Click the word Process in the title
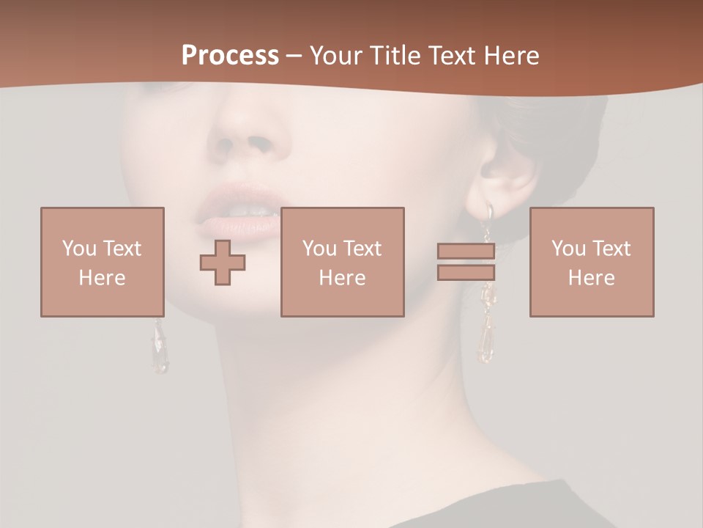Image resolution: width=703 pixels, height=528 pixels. pos(230,56)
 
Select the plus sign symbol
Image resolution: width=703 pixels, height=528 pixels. pos(223,263)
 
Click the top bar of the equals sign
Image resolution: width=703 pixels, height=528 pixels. pos(466,252)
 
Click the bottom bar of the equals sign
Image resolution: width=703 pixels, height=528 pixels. pos(466,272)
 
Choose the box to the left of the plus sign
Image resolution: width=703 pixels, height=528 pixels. pos(103,262)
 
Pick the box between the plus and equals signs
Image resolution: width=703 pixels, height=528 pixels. pos(342,262)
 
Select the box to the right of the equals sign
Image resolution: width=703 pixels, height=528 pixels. pos(592,262)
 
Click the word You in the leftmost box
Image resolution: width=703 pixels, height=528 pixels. pos(78,248)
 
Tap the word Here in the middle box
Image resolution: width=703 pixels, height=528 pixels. pos(342,278)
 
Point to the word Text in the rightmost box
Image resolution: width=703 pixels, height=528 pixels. pos(611,248)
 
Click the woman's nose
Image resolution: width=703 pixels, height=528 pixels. pos(245,132)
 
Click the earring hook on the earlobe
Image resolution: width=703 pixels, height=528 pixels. pos(488,212)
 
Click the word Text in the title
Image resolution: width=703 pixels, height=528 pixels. pos(449,56)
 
